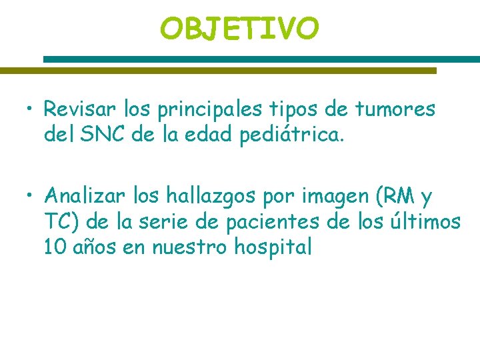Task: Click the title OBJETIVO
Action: coord(239,28)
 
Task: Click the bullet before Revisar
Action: coord(31,109)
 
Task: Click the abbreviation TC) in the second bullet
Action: coord(61,222)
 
